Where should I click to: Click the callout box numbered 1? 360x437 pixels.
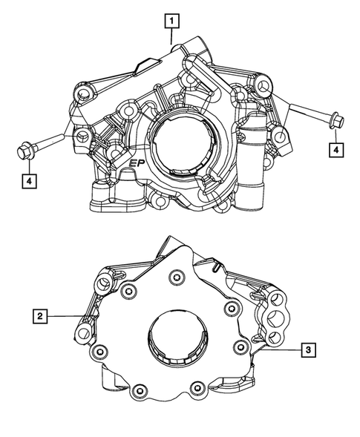tap(171, 21)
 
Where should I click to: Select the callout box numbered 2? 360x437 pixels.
tap(40, 316)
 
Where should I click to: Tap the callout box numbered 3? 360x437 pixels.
tap(308, 349)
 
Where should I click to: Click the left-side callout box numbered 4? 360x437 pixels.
tap(29, 181)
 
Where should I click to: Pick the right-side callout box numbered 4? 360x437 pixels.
tap(336, 150)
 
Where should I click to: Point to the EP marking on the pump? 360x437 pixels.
tap(137, 164)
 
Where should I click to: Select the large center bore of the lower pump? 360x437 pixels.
tap(177, 337)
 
